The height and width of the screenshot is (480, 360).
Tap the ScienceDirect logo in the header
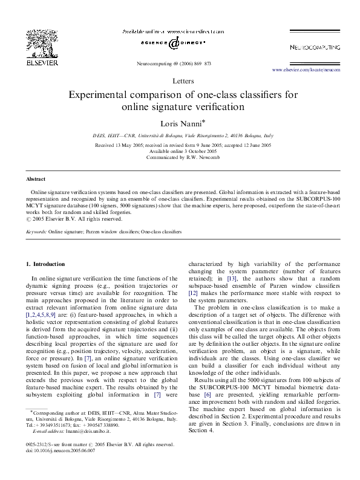coord(173,43)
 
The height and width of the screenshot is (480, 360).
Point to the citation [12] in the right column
coord(194,310)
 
